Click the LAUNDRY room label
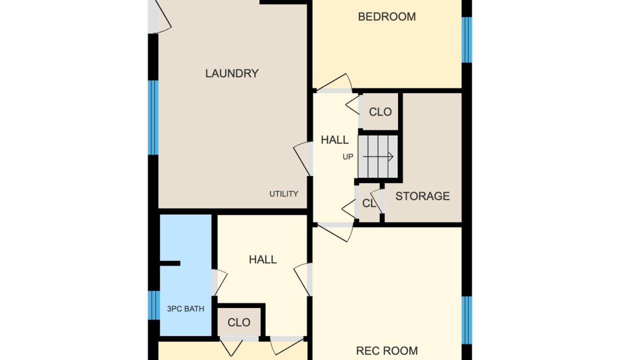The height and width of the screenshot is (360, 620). click(232, 73)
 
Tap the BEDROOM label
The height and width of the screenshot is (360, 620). click(386, 16)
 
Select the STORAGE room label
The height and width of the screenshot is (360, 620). click(422, 196)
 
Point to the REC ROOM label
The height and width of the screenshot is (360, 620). click(386, 351)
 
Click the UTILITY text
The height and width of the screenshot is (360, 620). click(283, 194)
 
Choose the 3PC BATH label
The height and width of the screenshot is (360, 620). click(185, 309)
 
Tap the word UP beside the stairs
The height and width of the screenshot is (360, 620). click(347, 157)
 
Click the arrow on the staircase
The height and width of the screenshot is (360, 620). click(378, 157)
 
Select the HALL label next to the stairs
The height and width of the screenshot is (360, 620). click(334, 140)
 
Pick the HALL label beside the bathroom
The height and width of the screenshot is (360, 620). click(262, 259)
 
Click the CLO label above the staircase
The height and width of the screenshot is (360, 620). click(380, 112)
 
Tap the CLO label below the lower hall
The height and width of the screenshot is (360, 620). click(239, 322)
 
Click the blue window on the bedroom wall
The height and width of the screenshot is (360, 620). click(466, 40)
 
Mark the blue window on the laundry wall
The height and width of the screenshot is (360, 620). click(153, 117)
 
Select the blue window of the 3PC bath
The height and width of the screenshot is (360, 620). click(154, 305)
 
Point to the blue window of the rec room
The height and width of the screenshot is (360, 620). click(466, 320)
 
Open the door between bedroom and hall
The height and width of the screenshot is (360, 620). click(334, 83)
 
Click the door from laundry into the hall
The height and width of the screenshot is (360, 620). click(303, 159)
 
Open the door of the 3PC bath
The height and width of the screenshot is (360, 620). click(219, 283)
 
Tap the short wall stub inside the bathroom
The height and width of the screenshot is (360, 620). click(170, 263)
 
